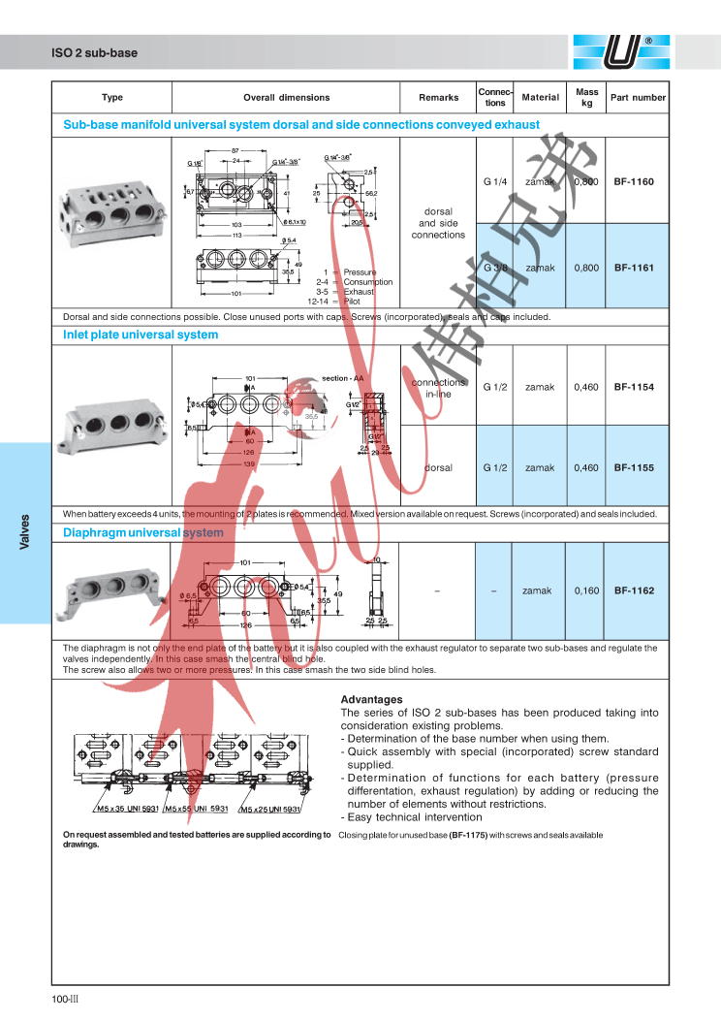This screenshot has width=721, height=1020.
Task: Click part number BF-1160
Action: coord(634,181)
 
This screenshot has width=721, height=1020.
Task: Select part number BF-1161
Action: coord(634,268)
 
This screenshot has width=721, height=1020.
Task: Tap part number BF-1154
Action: coord(634,387)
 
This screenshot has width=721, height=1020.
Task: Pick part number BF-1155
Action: coord(634,467)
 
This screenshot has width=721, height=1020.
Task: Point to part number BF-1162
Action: coord(634,590)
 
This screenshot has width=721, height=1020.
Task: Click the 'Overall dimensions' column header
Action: coord(286,98)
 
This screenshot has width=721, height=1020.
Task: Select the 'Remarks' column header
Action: coord(438,98)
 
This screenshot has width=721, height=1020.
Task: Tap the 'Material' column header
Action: coord(540,98)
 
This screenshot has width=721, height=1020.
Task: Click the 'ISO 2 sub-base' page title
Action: coord(94,53)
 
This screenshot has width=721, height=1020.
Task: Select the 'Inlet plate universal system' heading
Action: coord(141,335)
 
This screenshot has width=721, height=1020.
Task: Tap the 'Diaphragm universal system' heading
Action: coord(142,533)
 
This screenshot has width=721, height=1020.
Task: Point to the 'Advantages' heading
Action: coord(371,699)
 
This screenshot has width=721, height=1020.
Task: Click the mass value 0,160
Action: coord(585,590)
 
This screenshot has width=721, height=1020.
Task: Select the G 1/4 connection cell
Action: coord(495,181)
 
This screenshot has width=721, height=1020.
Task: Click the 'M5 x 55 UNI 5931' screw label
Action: coord(195,809)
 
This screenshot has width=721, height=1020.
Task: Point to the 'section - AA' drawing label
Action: coord(342,378)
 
